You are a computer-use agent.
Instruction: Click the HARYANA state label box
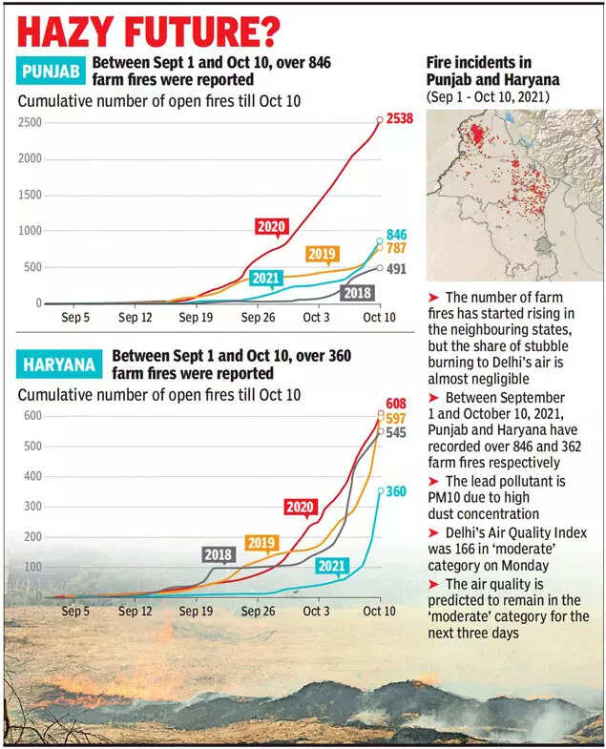(57, 364)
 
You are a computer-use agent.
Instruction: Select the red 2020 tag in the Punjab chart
(271, 226)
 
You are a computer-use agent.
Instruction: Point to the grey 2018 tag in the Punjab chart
(357, 292)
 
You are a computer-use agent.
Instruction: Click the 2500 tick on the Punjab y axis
(30, 121)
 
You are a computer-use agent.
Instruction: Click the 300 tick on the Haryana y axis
(33, 507)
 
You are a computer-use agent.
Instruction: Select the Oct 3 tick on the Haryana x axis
(317, 611)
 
